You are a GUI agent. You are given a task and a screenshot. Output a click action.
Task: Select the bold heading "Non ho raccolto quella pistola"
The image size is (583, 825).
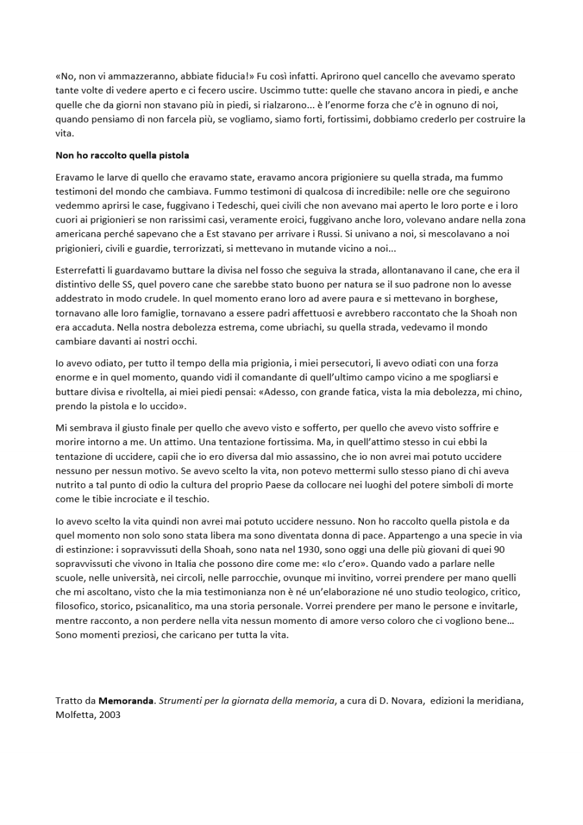click(122, 156)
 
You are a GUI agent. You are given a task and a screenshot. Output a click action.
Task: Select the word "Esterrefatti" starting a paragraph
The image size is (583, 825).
click(82, 270)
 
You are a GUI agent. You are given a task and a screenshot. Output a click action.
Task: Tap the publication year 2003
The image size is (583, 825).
click(110, 715)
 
